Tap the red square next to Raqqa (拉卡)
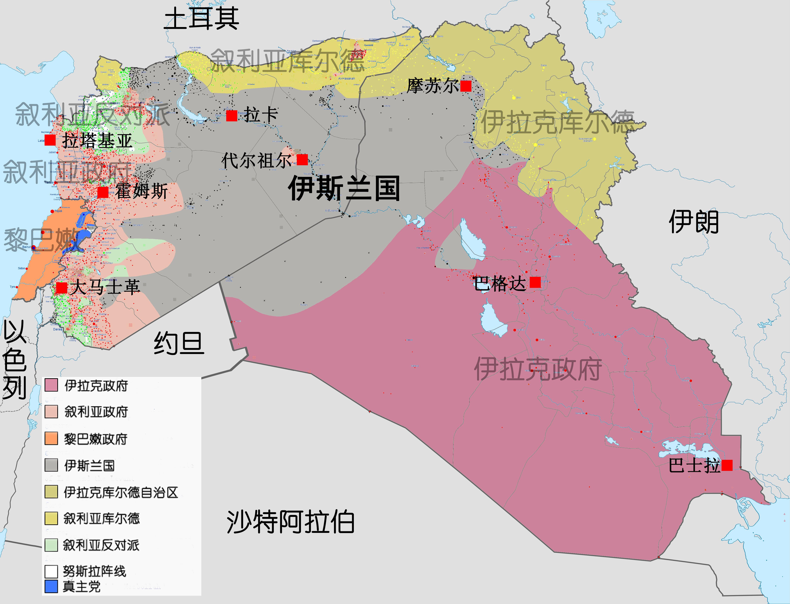(232, 116)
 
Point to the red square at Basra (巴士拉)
(727, 465)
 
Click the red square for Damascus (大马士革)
(61, 288)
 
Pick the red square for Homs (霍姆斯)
(103, 192)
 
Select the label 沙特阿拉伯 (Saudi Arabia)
(290, 522)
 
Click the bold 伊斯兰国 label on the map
(344, 188)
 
